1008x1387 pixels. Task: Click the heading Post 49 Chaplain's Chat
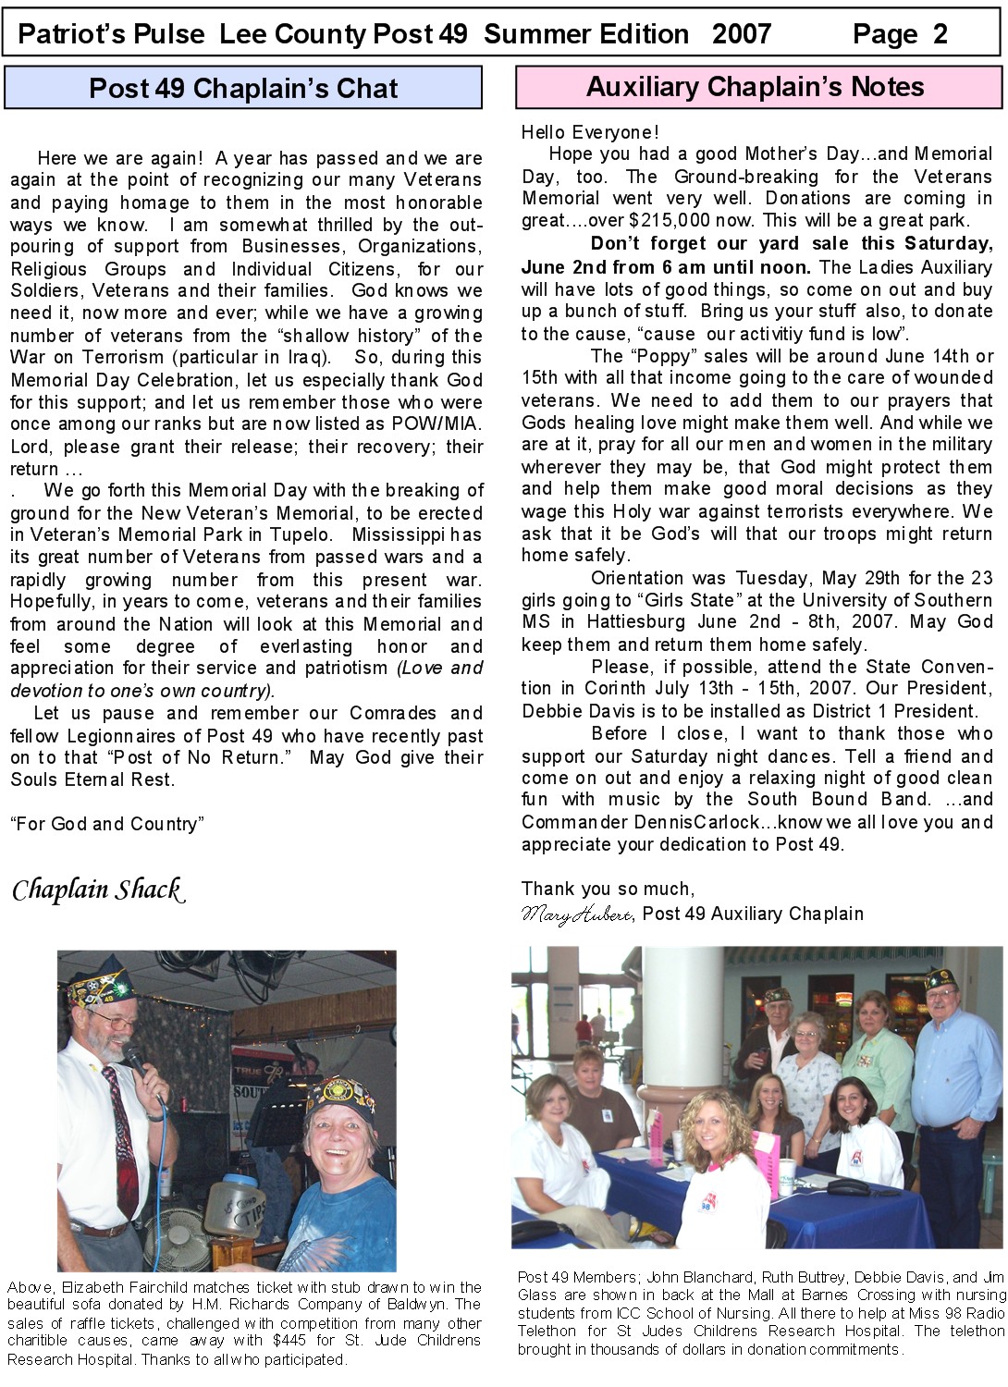click(x=243, y=89)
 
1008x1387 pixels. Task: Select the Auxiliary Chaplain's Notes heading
click(x=756, y=87)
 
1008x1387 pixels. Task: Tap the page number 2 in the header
click(x=940, y=34)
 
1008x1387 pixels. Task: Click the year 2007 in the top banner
click(x=741, y=34)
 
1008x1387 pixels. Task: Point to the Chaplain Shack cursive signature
click(x=98, y=890)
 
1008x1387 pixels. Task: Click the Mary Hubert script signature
click(x=576, y=914)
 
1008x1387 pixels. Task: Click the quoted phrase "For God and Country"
click(x=107, y=824)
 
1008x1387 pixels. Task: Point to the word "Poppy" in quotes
click(x=659, y=356)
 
